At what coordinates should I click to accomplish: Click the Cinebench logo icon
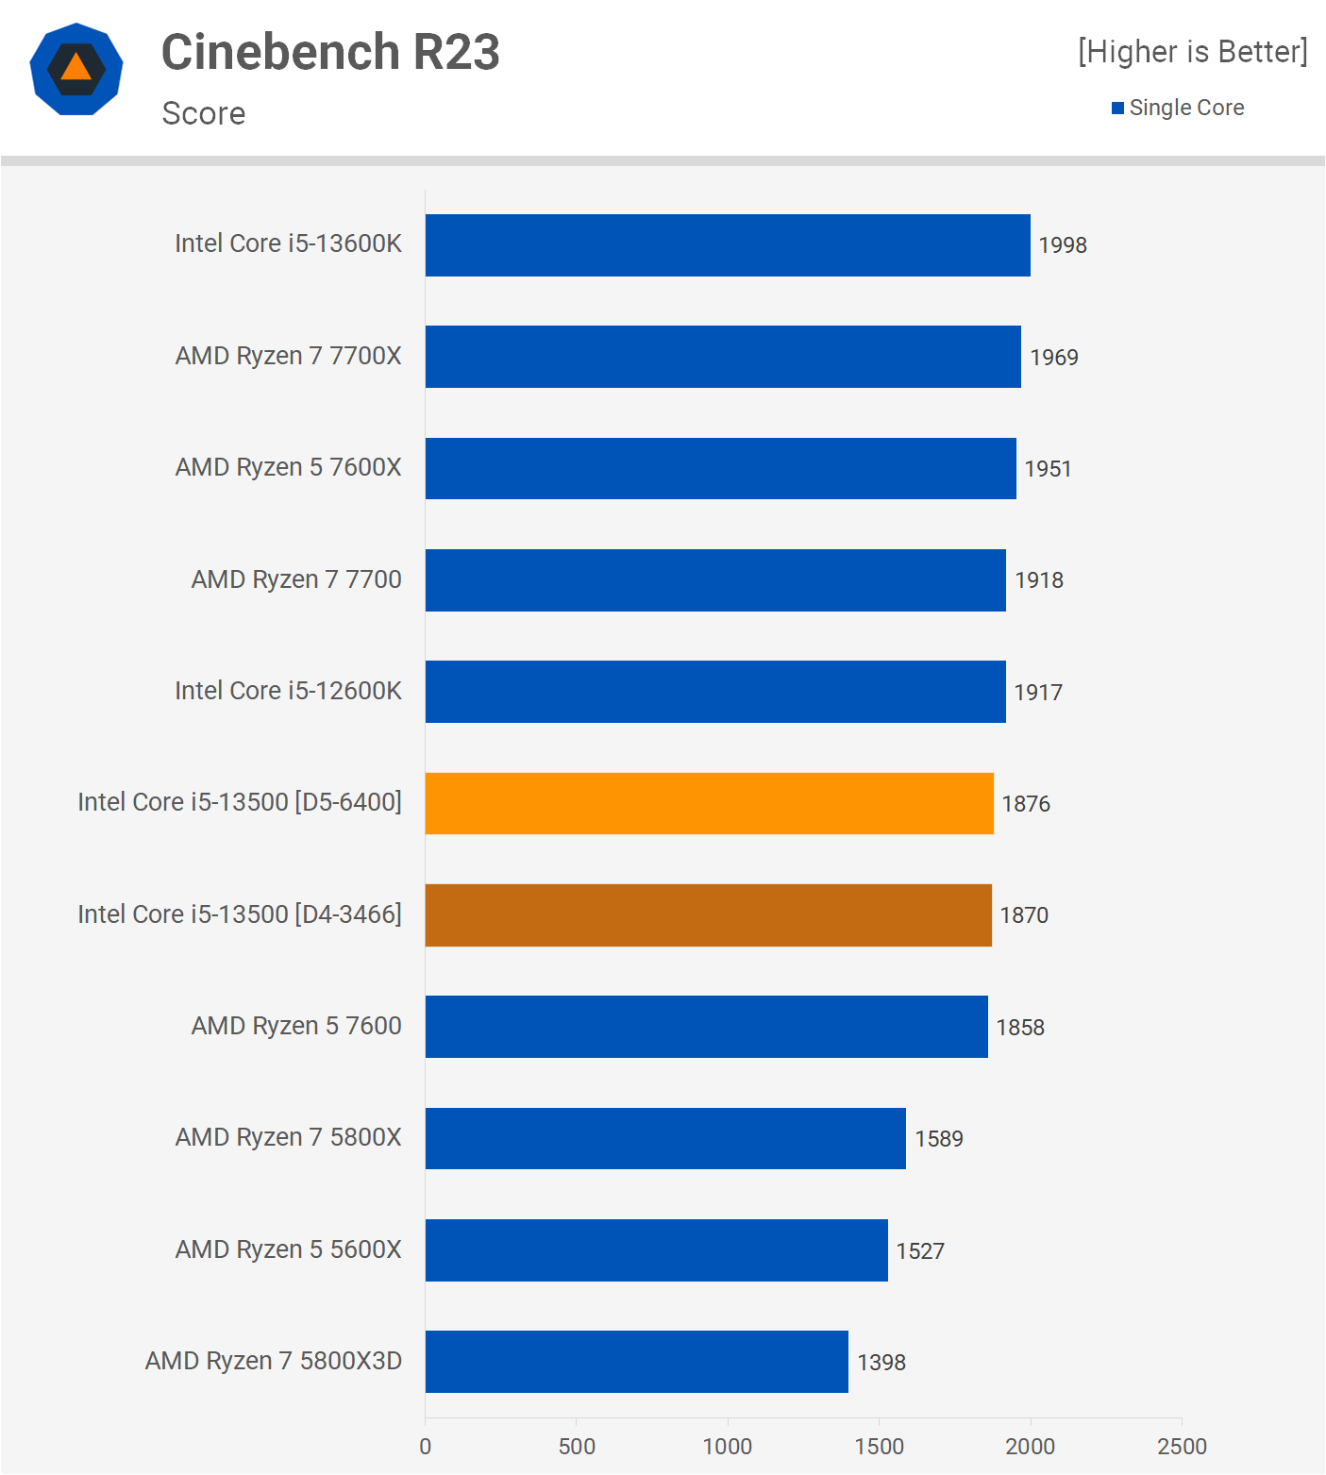coord(76,69)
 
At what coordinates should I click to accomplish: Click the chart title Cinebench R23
coord(330,52)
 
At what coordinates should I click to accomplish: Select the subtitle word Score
coord(204,113)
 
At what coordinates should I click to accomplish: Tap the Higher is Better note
coord(1192,52)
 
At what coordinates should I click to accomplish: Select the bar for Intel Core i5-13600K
coord(727,245)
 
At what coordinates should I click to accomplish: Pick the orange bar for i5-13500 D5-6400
coord(709,803)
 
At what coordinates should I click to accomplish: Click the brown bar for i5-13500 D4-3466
coord(708,915)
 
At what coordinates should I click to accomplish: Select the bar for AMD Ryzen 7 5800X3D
coord(636,1362)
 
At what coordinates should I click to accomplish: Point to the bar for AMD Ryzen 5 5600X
coord(656,1250)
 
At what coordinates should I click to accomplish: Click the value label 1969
coord(1053,358)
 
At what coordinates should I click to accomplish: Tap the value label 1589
coord(938,1139)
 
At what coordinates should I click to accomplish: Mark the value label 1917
coord(1037,693)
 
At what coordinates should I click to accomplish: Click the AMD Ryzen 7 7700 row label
coord(296,579)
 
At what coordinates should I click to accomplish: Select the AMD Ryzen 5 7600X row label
coord(288,467)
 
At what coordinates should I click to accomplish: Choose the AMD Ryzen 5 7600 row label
coord(296,1026)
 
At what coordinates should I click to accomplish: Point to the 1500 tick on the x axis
coord(879,1447)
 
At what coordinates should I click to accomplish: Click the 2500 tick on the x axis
coord(1182,1447)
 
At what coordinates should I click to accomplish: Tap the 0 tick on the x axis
coord(426,1447)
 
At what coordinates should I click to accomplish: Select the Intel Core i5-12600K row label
coord(288,691)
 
